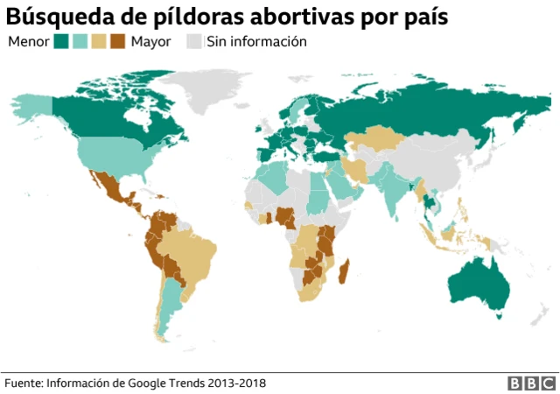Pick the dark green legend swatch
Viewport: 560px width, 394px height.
(61, 41)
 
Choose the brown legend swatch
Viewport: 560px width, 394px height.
(117, 41)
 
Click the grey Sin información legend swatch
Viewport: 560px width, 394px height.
(194, 41)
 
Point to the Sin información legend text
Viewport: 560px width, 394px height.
(256, 41)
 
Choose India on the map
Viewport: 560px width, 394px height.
(395, 188)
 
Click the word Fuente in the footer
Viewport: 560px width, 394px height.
(23, 383)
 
